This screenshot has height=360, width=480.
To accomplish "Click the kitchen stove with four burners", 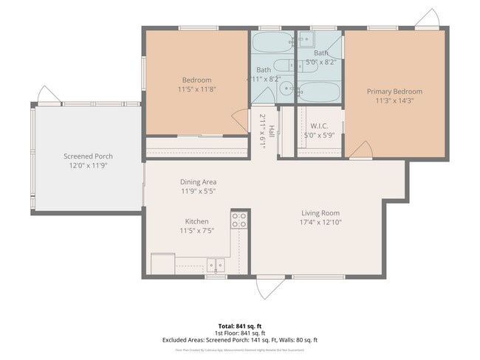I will click(x=239, y=219).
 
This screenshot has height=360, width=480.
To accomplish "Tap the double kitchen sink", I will click(x=216, y=264).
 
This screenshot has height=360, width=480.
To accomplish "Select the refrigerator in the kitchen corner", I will click(x=162, y=263).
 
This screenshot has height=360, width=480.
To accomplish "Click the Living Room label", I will click(x=320, y=212).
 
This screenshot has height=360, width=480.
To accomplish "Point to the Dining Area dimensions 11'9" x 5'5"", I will click(x=198, y=191).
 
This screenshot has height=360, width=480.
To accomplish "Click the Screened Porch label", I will click(x=88, y=156).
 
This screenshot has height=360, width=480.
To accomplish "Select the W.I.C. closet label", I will click(x=320, y=126).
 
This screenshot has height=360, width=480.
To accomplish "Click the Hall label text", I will click(x=272, y=131).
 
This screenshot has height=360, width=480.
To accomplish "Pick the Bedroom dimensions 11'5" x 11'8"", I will click(x=196, y=89).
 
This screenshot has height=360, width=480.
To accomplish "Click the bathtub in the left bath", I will click(x=272, y=41).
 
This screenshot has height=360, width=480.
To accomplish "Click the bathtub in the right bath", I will click(x=319, y=92).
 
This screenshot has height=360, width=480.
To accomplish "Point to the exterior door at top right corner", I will click(x=428, y=18).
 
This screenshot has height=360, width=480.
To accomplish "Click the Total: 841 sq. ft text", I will click(x=239, y=325).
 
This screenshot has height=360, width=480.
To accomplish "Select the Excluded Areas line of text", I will click(x=239, y=340).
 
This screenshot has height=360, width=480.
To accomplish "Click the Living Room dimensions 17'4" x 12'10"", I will click(x=320, y=222).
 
